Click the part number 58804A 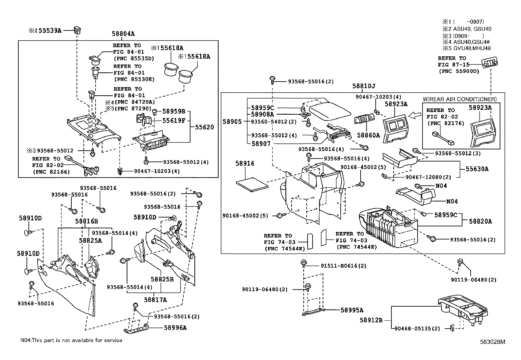(x=123, y=34)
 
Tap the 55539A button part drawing (x=77, y=30)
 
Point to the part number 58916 (x=245, y=163)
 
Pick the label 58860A (x=368, y=135)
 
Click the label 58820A (x=480, y=221)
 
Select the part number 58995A (x=352, y=310)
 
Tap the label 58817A (x=155, y=300)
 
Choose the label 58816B (x=86, y=221)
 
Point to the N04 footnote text (x=71, y=340)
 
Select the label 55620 (x=205, y=127)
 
